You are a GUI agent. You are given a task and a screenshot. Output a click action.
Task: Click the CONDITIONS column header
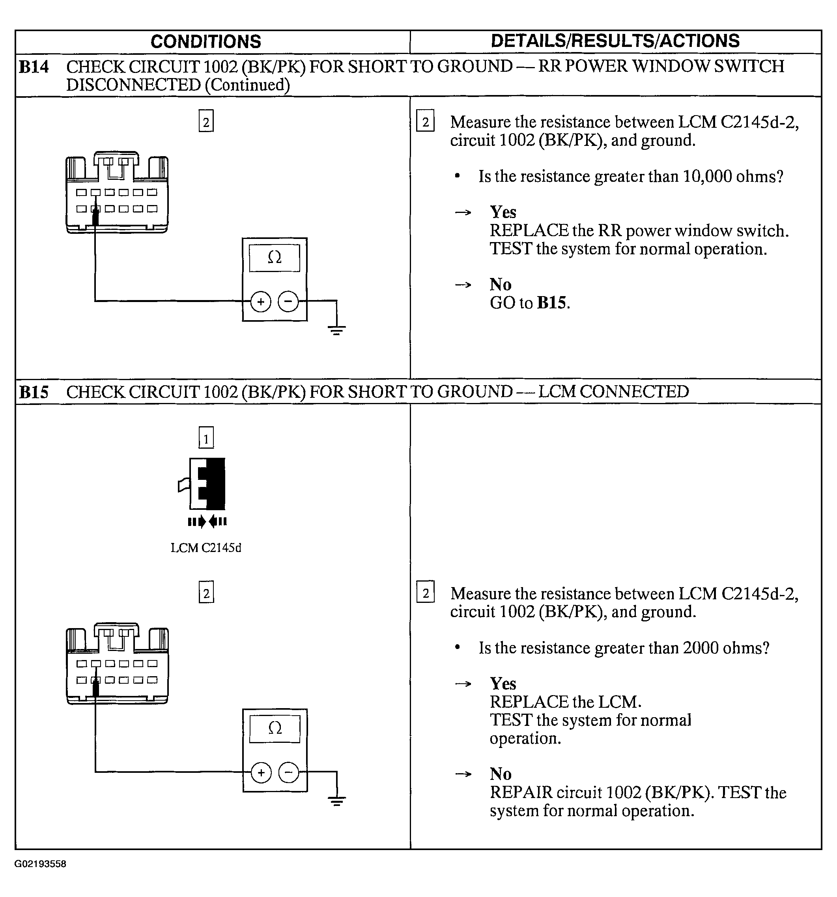pos(206,41)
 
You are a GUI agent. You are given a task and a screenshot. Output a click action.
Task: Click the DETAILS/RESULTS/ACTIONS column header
pos(615,41)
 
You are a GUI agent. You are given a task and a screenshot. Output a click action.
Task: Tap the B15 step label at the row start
pos(34,392)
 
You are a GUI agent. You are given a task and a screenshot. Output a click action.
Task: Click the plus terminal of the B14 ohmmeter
pos(260,301)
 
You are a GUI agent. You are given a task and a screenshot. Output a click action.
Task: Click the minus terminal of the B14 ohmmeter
pos(288,301)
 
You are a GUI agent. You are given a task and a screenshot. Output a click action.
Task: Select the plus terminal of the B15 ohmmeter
pos(261,772)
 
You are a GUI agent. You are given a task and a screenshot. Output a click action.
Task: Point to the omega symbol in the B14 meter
pos(275,257)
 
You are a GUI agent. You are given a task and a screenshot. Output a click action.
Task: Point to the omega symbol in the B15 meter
pos(275,728)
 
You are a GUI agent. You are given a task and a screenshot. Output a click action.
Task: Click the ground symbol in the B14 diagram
pos(336,330)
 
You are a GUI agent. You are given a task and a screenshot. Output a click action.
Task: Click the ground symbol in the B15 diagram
pos(337,801)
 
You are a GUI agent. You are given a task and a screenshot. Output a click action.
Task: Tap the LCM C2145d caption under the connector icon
pos(206,548)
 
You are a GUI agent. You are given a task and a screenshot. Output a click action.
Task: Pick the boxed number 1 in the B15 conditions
pos(206,438)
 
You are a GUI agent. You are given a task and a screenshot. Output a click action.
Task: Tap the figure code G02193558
pos(40,864)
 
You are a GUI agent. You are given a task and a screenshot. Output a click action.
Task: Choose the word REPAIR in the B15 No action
pos(521,793)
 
